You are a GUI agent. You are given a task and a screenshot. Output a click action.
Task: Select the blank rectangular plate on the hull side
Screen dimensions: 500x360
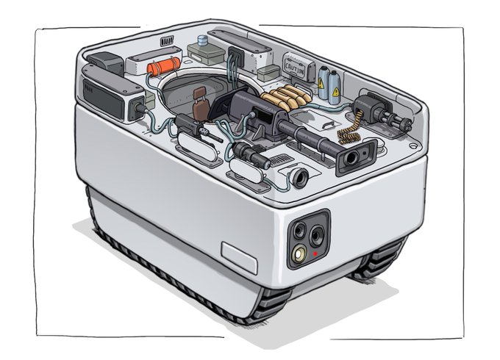(x=240, y=256)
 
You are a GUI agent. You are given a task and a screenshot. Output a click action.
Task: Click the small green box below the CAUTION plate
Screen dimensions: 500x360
(x=269, y=72)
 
